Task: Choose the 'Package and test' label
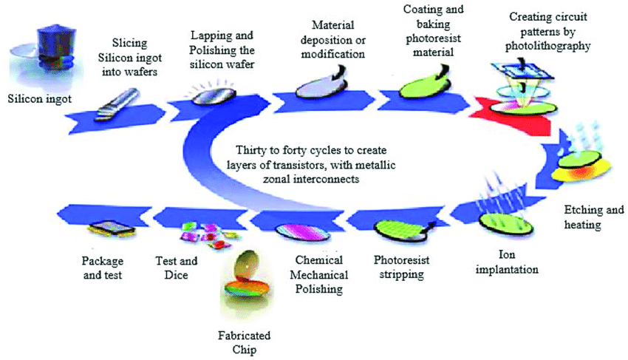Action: point(103,267)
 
